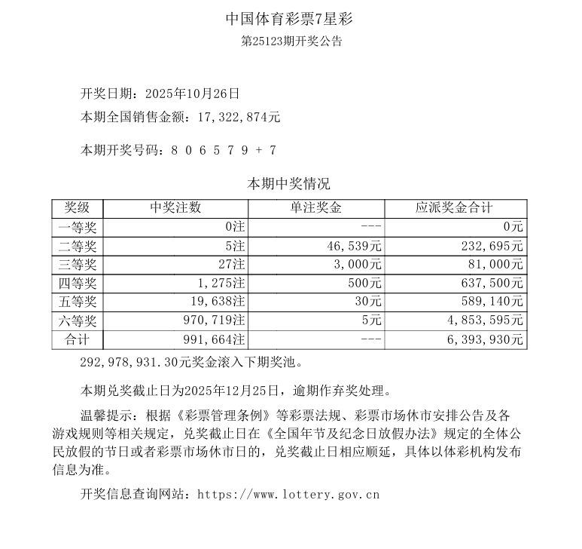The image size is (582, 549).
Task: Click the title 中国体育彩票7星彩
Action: point(291,17)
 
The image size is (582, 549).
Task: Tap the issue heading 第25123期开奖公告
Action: point(291,41)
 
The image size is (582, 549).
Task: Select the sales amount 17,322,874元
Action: point(239,117)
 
